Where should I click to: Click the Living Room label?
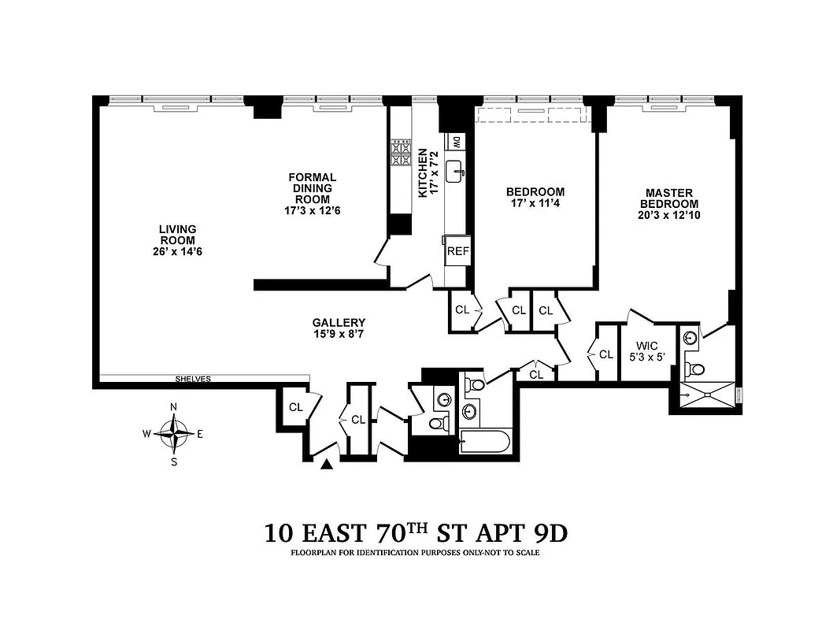tap(178, 235)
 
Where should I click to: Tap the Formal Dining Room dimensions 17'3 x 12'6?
tap(312, 211)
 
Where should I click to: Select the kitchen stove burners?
tap(401, 152)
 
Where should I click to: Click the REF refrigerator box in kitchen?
tap(457, 252)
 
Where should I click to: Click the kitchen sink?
tap(456, 171)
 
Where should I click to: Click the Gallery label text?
tap(339, 322)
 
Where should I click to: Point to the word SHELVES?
tap(193, 380)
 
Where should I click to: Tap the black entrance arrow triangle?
tap(327, 465)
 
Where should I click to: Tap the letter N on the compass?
tap(174, 406)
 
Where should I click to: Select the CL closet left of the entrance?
tap(296, 407)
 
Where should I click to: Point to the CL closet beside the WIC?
tap(605, 354)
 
